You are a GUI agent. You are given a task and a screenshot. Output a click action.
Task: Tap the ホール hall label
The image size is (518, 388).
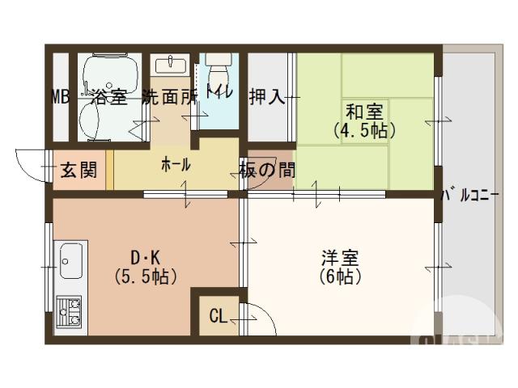pos(176,165)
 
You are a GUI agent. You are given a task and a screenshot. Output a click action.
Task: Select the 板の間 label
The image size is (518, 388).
pos(267,170)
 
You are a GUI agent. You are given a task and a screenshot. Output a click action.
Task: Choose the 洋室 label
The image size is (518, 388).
pos(340,258)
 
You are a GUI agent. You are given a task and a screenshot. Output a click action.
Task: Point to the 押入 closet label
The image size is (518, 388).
pos(267,97)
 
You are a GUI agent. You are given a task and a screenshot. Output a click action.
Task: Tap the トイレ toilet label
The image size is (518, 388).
pos(219,91)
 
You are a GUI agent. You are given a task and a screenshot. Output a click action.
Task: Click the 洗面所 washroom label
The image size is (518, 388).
pos(169,97)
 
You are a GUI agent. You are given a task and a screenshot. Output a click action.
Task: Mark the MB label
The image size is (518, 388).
pos(61,97)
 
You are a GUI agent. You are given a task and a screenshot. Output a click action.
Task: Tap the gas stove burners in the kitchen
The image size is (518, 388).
pos(70,311)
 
